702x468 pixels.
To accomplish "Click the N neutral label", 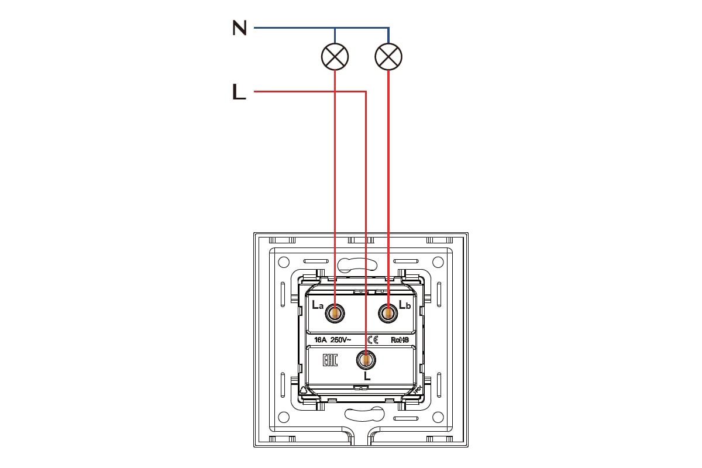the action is pos(239,27).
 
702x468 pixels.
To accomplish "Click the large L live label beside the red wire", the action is pos(239,91).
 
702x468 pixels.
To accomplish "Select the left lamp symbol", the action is pos(335,57).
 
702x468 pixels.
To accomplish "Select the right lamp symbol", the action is pos(388,57).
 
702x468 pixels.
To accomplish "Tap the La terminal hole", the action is pos(335,313).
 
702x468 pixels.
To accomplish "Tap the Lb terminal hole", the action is pos(388,313).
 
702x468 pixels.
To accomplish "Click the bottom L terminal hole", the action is pos(366,360).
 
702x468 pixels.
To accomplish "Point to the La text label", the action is pos(317,305).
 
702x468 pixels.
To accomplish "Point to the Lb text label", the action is pos(405,304).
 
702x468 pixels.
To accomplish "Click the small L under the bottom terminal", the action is pos(367,376).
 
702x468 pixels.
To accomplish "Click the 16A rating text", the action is pos(321,340).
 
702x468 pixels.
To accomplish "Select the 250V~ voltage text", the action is pos(340,340).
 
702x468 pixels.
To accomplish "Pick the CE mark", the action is pos(373,340).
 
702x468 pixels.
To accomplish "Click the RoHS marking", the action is pos(400,340).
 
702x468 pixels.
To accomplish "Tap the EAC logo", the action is pos(330,360).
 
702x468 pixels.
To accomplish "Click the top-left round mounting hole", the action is pos(284,262).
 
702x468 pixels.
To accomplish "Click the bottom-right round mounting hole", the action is pos(438,417).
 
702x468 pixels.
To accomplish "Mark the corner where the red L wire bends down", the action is pos(366,91).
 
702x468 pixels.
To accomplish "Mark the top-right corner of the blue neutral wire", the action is pos(388,28).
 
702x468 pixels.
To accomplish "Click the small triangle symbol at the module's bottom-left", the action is pos(303,391).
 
